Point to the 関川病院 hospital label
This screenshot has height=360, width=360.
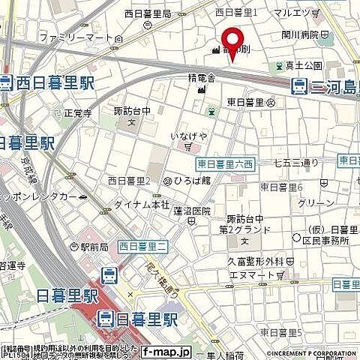304,34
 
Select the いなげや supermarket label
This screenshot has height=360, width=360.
189,135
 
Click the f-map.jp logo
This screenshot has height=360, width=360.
166,350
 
